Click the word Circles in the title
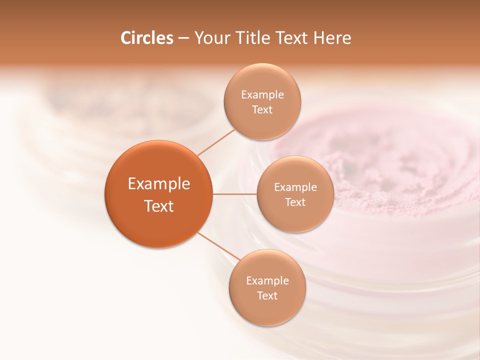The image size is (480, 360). [146, 38]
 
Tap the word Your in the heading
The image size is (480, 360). [211, 38]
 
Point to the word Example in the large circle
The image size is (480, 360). [158, 184]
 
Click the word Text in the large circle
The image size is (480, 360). [158, 206]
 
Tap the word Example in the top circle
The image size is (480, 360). [262, 95]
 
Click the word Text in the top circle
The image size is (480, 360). [262, 110]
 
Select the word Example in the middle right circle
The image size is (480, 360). [295, 187]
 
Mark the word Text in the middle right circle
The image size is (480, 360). [295, 202]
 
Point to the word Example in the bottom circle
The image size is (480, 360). [267, 281]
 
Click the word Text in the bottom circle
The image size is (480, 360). [267, 296]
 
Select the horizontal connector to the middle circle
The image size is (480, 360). [234, 194]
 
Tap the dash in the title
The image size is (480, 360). [183, 38]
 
